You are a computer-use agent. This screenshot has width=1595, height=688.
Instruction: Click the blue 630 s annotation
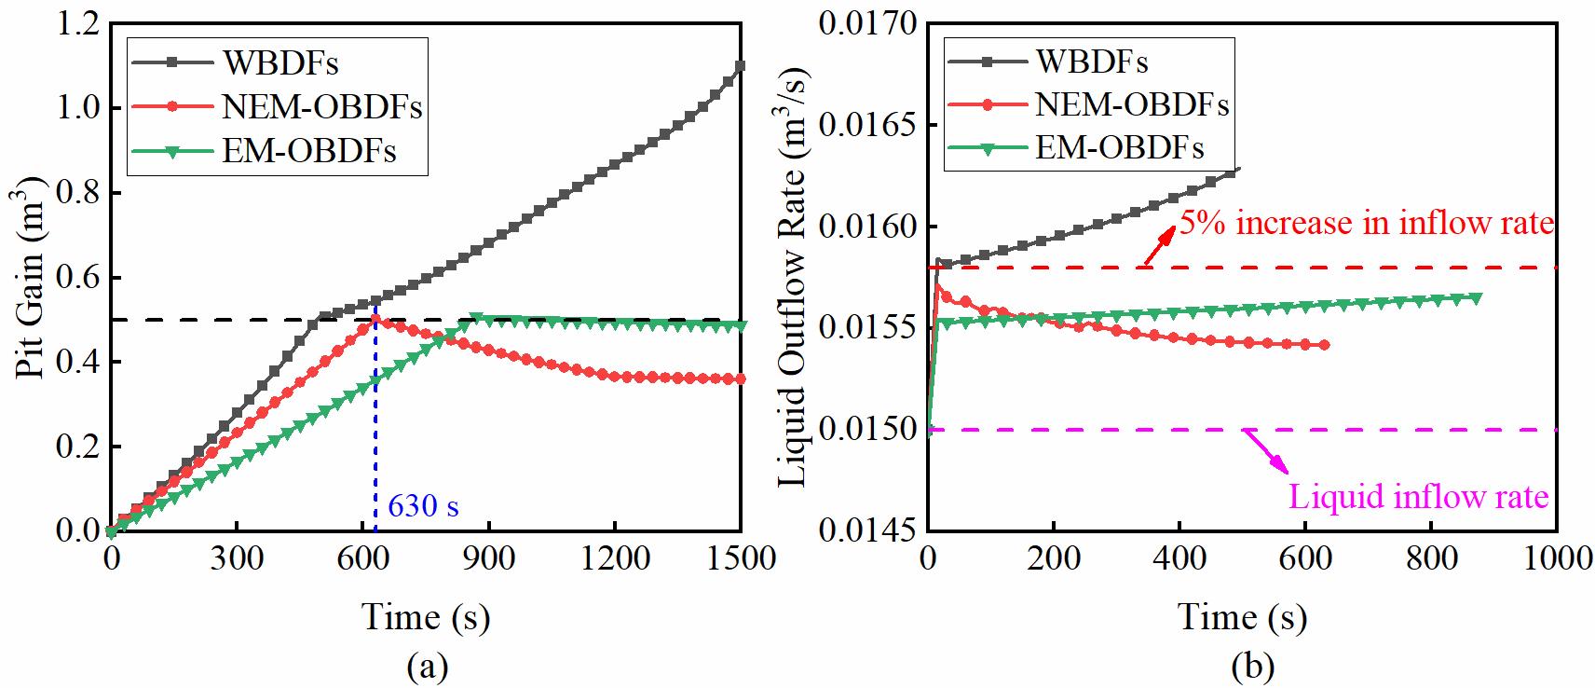[423, 507]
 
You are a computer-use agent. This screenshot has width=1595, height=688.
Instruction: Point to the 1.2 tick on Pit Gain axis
[76, 24]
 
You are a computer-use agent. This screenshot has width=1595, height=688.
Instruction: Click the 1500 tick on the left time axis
[741, 558]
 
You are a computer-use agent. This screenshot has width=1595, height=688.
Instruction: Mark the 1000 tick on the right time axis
[1558, 558]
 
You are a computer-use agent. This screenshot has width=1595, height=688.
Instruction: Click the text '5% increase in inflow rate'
[1367, 224]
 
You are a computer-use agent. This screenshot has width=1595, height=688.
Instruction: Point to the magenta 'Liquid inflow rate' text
[1418, 497]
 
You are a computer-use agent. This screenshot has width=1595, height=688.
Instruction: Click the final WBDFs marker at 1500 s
[741, 66]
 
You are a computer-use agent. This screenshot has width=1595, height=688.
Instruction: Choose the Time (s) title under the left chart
[426, 617]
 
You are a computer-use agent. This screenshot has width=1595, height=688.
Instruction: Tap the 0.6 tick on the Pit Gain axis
[76, 278]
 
